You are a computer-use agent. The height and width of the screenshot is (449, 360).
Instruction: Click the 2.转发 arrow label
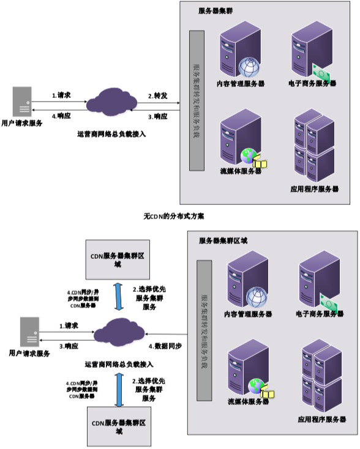[x=158, y=96]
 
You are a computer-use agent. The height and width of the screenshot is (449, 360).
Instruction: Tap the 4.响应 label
[x=61, y=116]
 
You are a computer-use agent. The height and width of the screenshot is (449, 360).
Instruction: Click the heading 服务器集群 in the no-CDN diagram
[x=216, y=10]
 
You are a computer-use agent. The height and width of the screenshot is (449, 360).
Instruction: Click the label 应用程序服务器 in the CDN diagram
[x=322, y=420]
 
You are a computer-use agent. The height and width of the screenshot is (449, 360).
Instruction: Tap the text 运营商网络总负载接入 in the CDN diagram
[x=119, y=363]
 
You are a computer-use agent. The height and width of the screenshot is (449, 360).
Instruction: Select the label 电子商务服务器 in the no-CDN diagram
[x=312, y=83]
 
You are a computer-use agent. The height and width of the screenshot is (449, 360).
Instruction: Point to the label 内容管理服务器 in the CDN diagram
[x=247, y=314]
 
